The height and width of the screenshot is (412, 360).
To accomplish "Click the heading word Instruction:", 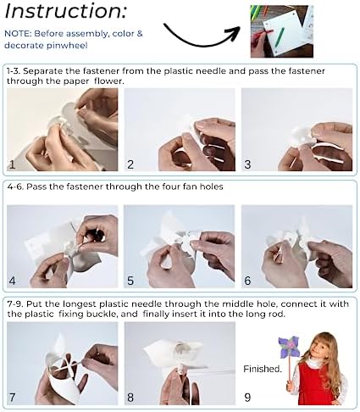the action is pyautogui.click(x=65, y=10).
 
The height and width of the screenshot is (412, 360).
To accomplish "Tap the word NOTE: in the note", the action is pyautogui.click(x=18, y=34).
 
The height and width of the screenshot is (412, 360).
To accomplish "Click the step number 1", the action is pyautogui.click(x=12, y=164).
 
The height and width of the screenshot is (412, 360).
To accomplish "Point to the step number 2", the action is pyautogui.click(x=130, y=164).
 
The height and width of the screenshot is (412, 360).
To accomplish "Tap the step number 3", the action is pyautogui.click(x=247, y=164).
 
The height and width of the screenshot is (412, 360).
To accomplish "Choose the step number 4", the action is pyautogui.click(x=12, y=281).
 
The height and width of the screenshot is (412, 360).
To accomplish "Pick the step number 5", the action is pyautogui.click(x=130, y=281).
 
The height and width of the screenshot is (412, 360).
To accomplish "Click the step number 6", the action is pyautogui.click(x=247, y=281).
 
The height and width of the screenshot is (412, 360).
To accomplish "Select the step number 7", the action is pyautogui.click(x=12, y=398).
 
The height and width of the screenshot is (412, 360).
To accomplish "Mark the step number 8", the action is pyautogui.click(x=130, y=398).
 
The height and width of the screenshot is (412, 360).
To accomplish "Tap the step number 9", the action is pyautogui.click(x=247, y=398).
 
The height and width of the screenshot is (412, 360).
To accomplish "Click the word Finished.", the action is pyautogui.click(x=263, y=369).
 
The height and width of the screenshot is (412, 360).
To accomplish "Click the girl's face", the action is pyautogui.click(x=318, y=346).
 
